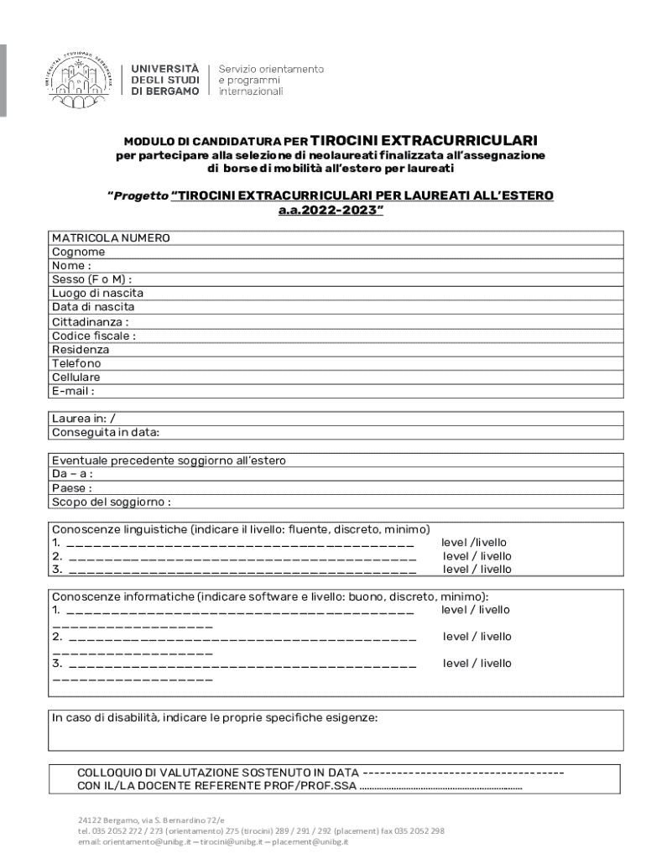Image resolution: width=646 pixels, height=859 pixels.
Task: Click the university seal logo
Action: [80, 79]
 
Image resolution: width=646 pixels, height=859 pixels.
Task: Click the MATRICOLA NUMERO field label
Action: [111, 238]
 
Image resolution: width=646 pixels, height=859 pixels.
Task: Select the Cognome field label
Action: [79, 252]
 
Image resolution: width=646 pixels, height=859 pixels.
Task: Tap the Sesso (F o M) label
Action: [92, 279]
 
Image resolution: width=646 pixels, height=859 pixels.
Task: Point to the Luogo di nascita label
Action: [97, 294]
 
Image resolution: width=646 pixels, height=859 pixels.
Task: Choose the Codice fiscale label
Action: [94, 336]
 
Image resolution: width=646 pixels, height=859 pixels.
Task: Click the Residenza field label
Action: [81, 349]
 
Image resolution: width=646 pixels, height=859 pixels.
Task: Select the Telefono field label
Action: [76, 363]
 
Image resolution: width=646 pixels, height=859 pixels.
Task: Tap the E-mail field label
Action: [73, 391]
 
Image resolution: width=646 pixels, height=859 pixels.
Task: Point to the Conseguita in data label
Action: [106, 433]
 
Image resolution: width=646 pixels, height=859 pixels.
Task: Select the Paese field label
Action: [72, 488]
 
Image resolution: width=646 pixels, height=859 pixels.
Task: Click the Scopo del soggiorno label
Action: [112, 502]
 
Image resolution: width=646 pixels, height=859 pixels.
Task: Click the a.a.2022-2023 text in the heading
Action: [331, 211]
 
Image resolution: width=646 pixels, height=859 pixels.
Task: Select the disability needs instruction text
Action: [215, 718]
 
